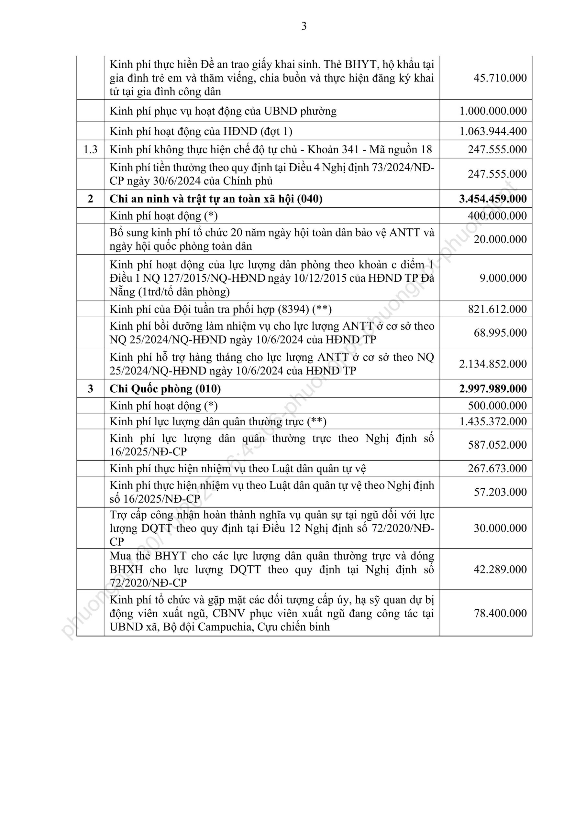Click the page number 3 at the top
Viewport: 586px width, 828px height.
(x=304, y=26)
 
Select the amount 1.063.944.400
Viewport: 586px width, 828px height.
(x=492, y=131)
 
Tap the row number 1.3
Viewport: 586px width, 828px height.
(x=90, y=149)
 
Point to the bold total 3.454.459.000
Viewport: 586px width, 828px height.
(x=492, y=199)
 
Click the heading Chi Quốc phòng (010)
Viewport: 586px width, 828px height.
(x=165, y=389)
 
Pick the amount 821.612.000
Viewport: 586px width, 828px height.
(x=497, y=309)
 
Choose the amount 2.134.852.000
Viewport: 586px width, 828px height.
(x=492, y=364)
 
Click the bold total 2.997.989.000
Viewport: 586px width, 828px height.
(x=492, y=389)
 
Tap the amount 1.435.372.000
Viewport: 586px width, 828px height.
(x=492, y=421)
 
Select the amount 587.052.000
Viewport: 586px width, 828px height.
(x=497, y=445)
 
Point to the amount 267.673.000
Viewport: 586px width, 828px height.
(x=497, y=468)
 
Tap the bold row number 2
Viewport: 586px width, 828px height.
(x=90, y=199)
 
